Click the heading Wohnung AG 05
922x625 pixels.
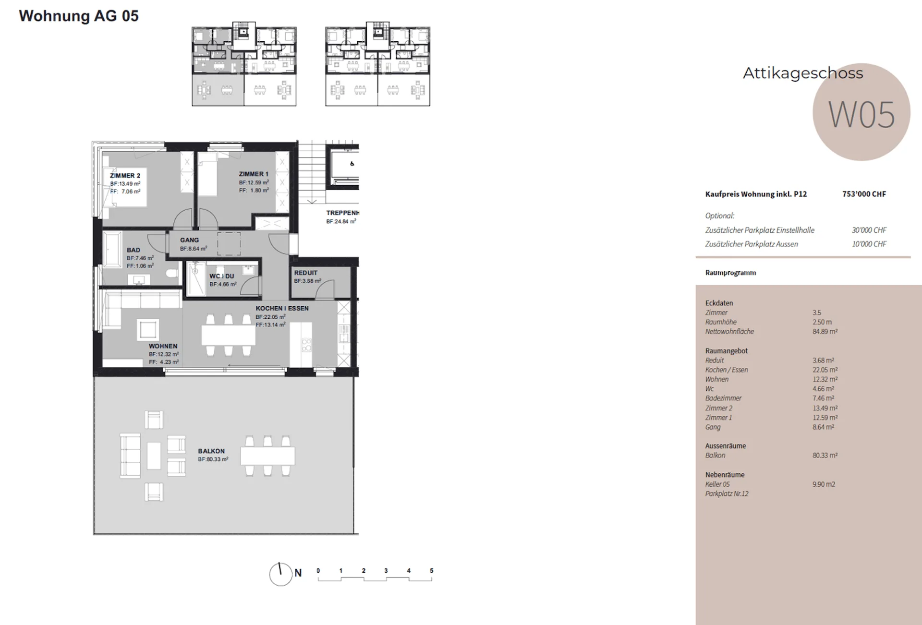79,16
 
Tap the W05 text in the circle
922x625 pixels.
861,115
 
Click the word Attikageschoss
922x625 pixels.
803,73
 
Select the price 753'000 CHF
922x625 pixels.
864,194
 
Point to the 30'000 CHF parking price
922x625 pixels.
869,230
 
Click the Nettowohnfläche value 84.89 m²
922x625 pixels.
825,331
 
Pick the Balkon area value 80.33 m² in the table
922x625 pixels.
825,455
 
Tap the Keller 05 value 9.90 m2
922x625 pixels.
824,484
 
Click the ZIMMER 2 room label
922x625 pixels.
125,176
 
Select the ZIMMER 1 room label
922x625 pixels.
254,174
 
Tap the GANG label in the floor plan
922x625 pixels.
189,240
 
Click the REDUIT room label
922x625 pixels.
306,273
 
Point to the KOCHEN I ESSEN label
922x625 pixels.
282,308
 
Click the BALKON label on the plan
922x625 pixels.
211,451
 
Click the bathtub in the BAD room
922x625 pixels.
112,249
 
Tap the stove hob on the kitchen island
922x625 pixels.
306,345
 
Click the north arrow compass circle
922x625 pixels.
281,575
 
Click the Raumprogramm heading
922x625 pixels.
730,273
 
